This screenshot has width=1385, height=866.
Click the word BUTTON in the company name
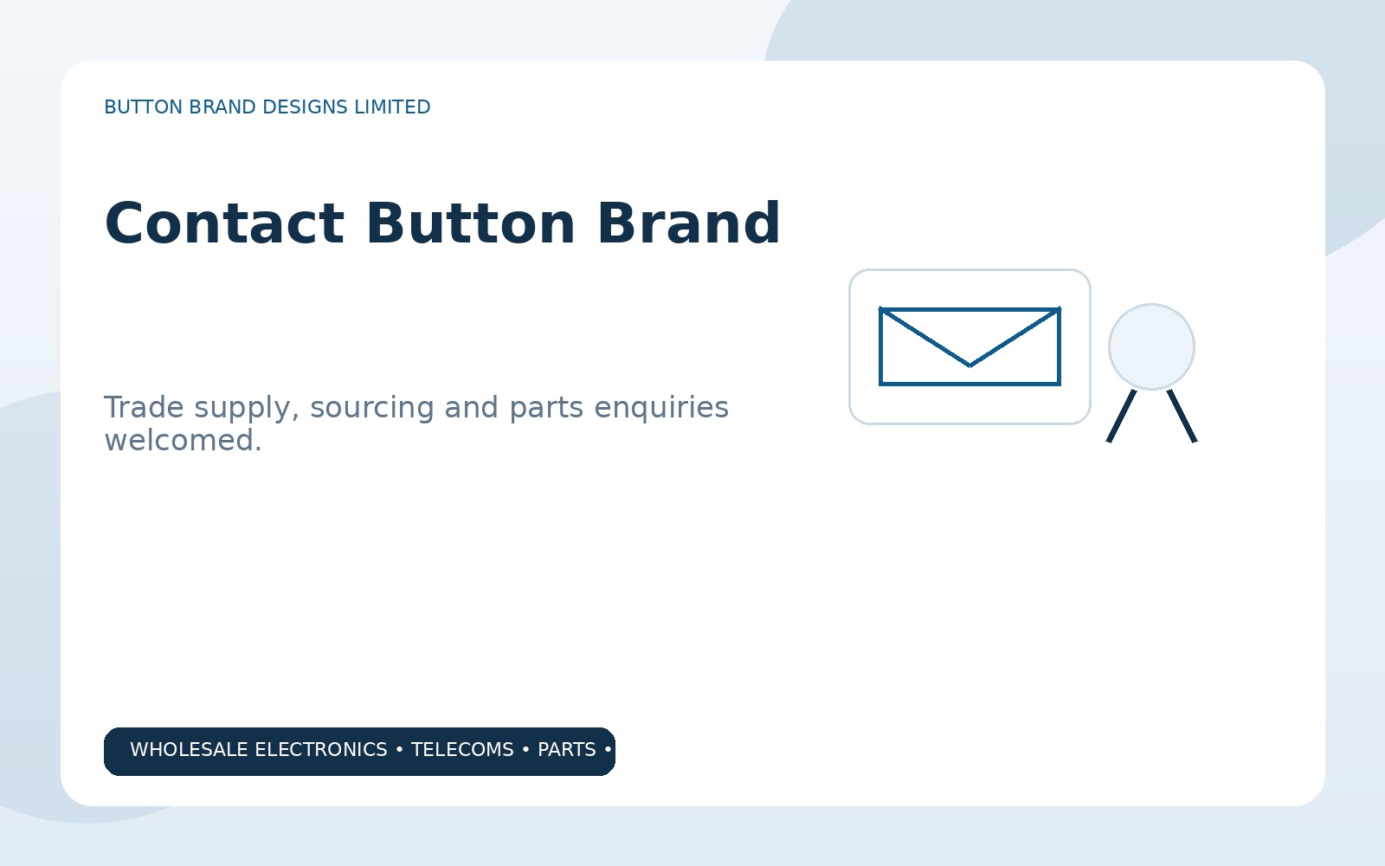(144, 107)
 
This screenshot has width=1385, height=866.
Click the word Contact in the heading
(224, 223)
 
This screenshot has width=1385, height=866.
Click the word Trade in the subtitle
(144, 407)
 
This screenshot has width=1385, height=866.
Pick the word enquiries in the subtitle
(661, 408)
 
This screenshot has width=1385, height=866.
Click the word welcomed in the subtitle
(179, 441)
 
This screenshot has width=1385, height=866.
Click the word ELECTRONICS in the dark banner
(321, 750)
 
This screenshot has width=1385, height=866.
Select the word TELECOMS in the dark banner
(462, 750)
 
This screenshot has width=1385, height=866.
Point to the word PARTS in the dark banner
(566, 750)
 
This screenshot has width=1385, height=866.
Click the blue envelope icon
(969, 346)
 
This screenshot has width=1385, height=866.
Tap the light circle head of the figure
(1151, 346)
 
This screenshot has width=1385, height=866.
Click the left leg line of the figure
(1121, 417)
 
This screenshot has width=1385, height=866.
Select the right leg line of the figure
(1182, 417)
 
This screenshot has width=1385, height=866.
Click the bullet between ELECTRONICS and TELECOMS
(399, 750)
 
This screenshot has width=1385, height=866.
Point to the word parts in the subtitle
(546, 408)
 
